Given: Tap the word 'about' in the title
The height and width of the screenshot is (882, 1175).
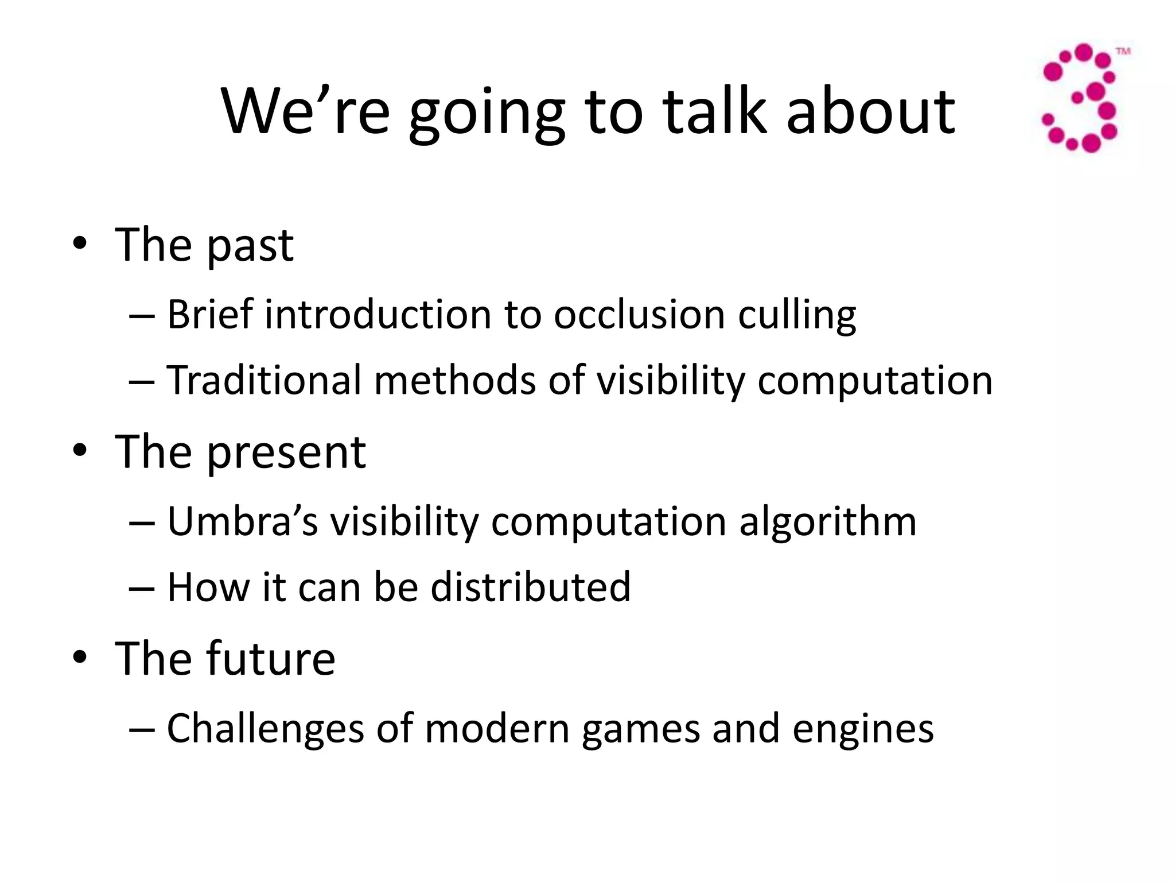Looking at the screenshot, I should (870, 112).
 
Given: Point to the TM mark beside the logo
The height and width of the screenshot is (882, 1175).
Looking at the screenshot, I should (1123, 52).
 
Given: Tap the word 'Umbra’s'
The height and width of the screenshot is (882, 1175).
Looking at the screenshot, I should (242, 521).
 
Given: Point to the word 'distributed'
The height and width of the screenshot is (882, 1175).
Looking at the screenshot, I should (531, 587).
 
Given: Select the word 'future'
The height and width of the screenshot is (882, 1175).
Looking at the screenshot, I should (271, 658).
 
